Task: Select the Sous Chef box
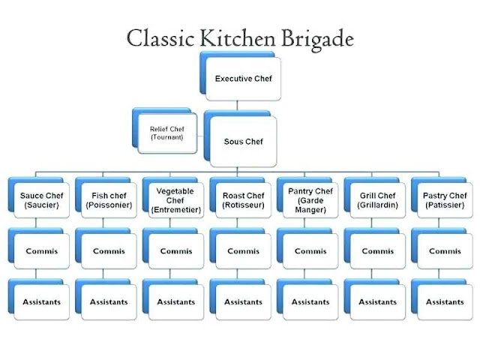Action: tap(244, 141)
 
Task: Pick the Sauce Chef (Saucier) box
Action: tap(42, 200)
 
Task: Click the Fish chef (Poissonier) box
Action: tap(109, 200)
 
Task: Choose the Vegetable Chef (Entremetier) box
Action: tap(176, 200)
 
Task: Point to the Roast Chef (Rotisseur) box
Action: tap(243, 200)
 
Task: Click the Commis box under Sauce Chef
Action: tap(42, 251)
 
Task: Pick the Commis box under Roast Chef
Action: tap(243, 251)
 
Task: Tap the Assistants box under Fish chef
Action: tap(109, 301)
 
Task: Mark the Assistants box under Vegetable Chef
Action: tap(176, 301)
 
